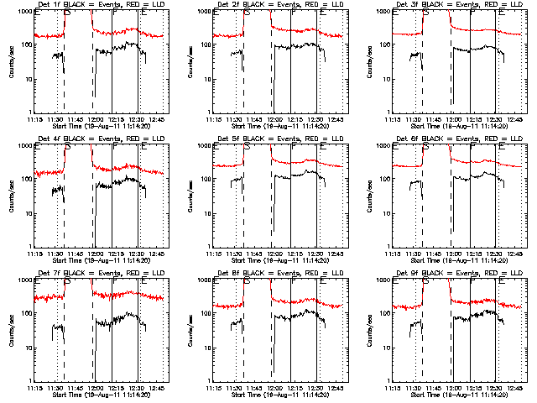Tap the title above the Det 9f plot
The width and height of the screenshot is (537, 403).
tap(451, 275)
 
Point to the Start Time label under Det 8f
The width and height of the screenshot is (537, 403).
tap(271, 393)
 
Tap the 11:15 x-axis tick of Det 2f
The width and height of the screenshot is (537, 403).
tap(214, 118)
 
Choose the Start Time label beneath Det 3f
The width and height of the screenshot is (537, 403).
tap(451, 125)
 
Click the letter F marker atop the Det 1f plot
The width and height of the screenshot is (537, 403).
tap(115, 14)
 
